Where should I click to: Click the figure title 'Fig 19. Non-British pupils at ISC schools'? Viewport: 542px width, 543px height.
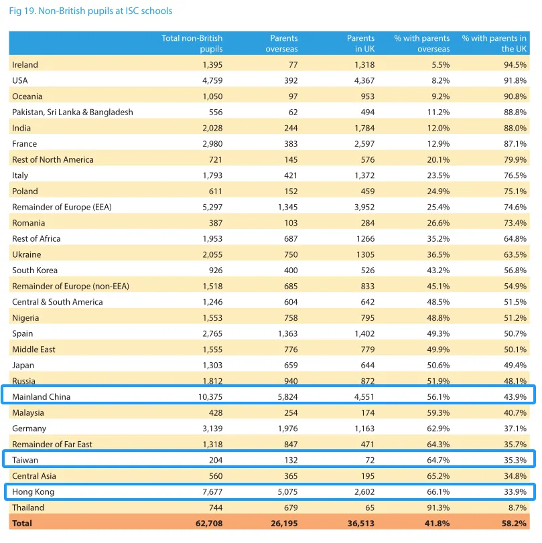[x=90, y=11]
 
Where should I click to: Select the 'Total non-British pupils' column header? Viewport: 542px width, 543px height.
[x=192, y=44]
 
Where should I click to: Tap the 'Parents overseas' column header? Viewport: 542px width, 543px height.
[x=282, y=44]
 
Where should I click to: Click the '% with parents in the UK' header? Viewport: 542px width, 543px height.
[x=494, y=44]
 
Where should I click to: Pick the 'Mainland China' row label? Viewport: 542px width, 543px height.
[x=42, y=397]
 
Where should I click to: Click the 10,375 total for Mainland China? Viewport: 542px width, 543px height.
[x=210, y=397]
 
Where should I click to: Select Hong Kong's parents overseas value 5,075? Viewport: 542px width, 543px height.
[x=287, y=491]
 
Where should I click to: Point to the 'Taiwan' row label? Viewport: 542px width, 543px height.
[x=25, y=460]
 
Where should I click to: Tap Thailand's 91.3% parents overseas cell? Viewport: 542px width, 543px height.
[x=438, y=508]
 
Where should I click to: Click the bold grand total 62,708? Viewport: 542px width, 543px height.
[x=209, y=524]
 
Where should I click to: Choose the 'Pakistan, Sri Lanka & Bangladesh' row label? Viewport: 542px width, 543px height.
[x=72, y=112]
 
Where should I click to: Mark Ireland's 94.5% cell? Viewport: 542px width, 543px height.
[x=515, y=65]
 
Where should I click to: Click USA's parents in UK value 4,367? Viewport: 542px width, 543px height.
[x=364, y=81]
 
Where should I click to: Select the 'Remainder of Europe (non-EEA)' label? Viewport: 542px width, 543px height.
[x=71, y=287]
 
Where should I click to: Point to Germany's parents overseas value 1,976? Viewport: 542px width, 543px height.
[x=287, y=429]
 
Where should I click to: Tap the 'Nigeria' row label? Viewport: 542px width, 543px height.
[x=25, y=318]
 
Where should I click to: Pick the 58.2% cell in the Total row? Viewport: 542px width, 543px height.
[x=514, y=524]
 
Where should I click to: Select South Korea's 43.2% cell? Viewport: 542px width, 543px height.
[x=438, y=270]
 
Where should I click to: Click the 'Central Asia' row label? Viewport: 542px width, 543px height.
[x=34, y=476]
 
